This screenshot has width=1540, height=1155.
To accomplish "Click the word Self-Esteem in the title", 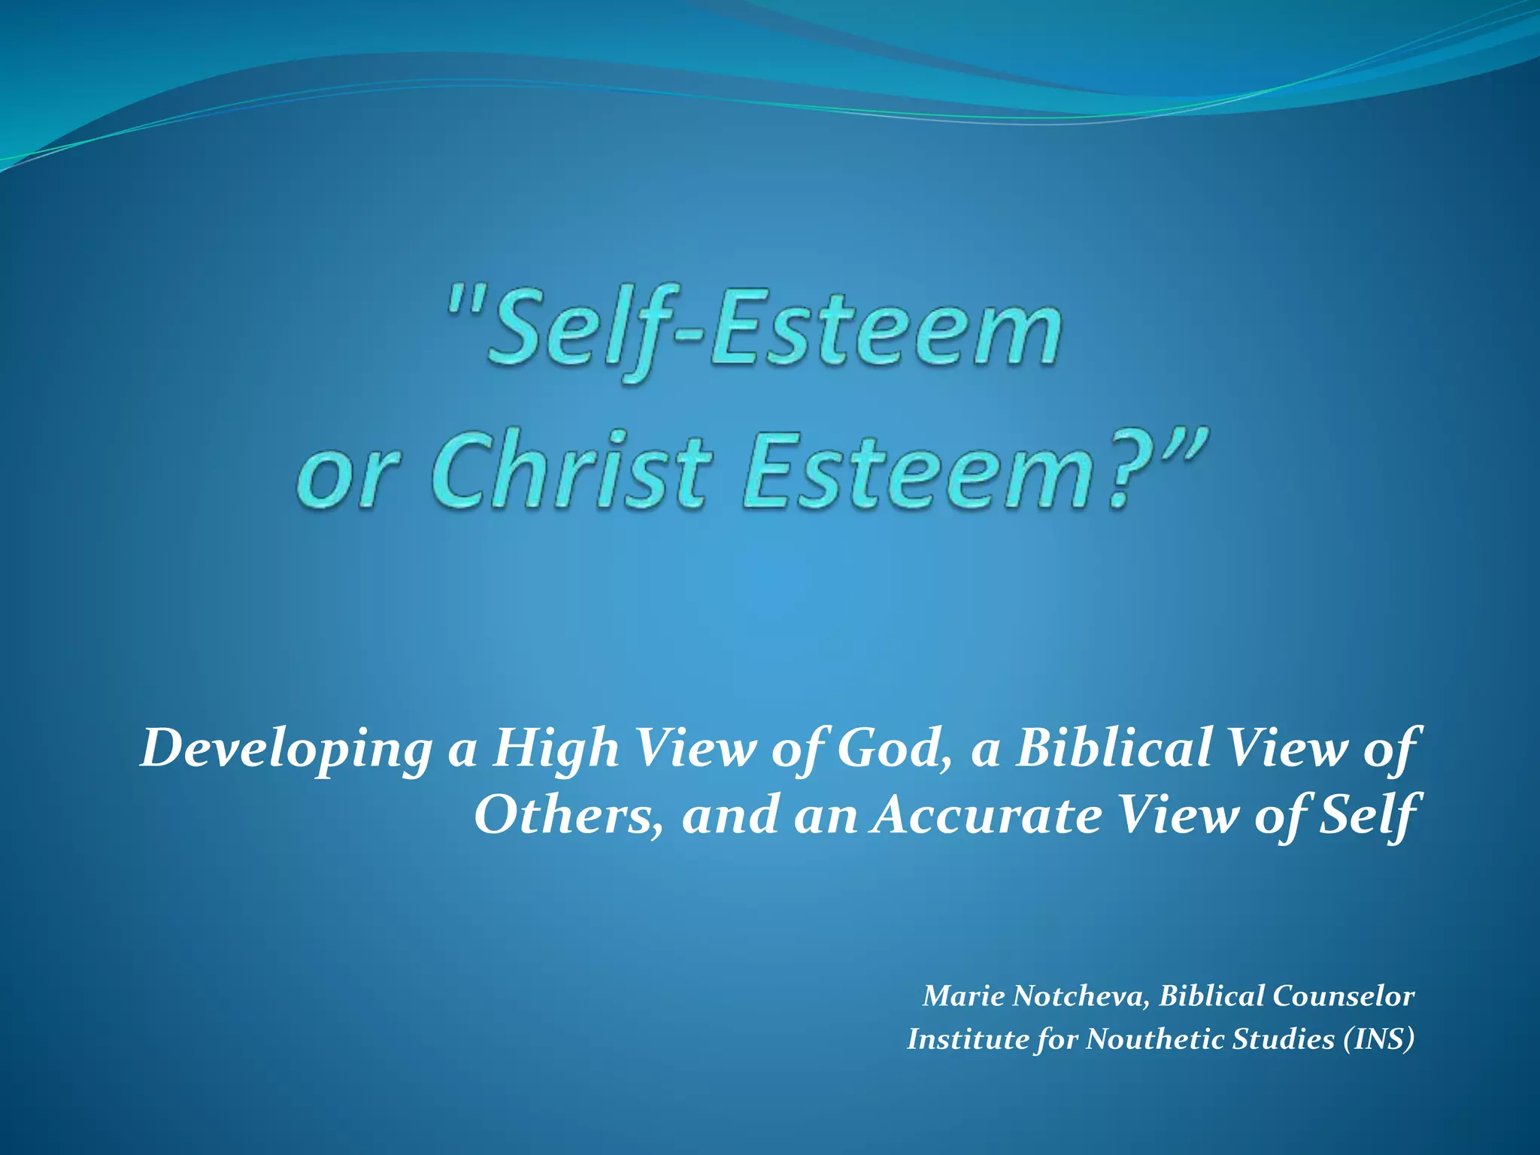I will point(775,331).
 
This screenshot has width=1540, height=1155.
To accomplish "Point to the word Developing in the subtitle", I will point(286,749).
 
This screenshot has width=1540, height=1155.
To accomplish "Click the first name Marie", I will point(963,996).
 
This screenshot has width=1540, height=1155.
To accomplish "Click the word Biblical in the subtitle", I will point(1112,749).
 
